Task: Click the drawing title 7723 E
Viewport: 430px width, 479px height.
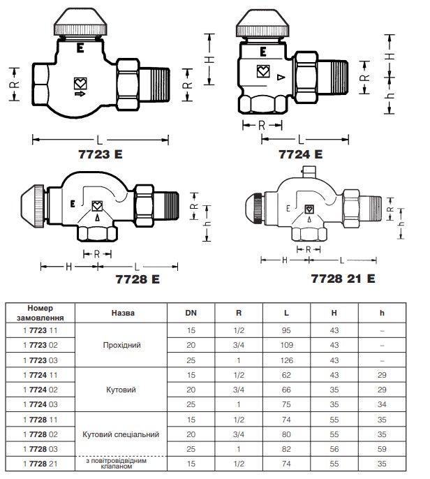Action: (101, 154)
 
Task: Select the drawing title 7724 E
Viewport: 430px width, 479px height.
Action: (300, 154)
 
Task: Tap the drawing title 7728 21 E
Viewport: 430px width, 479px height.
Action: (343, 279)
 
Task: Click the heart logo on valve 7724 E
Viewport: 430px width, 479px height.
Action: (263, 71)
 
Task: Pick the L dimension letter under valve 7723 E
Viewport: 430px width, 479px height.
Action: (99, 140)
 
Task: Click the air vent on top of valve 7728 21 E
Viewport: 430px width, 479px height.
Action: (309, 172)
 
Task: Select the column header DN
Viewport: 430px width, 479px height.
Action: (191, 313)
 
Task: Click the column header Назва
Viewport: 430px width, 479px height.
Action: (122, 313)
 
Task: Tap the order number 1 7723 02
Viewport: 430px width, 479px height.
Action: (40, 345)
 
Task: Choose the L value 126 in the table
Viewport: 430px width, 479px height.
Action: (286, 360)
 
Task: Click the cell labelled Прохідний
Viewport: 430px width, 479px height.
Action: (122, 345)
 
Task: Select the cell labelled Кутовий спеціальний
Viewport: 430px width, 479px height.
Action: (121, 434)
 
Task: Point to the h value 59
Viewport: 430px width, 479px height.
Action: (382, 449)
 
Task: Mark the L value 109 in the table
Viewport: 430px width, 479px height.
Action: (286, 345)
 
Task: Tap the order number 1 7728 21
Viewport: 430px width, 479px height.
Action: (40, 464)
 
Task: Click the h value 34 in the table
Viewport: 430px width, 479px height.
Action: (382, 404)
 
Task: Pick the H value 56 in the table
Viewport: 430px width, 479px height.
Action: (334, 449)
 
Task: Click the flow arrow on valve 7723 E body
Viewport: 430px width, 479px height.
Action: (80, 94)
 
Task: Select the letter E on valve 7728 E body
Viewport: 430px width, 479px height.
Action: (73, 203)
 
